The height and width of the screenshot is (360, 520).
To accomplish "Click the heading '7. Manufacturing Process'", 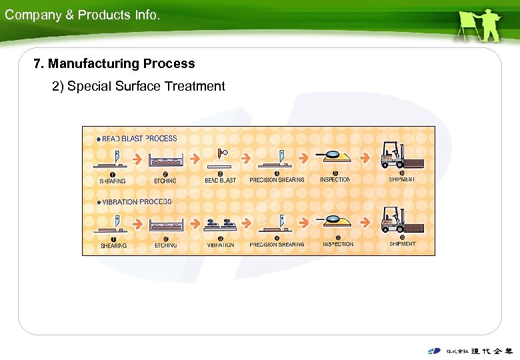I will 115,64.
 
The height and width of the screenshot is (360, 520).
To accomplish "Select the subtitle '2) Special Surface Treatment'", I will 139,87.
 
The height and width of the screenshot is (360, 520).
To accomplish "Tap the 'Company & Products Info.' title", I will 82,15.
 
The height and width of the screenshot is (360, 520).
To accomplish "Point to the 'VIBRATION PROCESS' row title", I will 137,201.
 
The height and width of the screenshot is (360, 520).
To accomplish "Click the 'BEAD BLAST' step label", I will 220,180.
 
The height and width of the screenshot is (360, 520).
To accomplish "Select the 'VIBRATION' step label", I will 220,245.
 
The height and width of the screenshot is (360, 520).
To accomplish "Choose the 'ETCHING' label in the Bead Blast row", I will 165,180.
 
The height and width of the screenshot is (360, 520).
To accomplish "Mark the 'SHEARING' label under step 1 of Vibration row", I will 113,245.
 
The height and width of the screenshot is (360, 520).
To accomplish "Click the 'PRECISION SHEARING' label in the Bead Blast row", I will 277,180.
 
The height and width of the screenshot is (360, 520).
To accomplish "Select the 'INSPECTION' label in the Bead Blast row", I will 335,180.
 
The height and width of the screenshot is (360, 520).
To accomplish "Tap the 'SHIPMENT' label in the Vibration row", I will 402,244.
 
